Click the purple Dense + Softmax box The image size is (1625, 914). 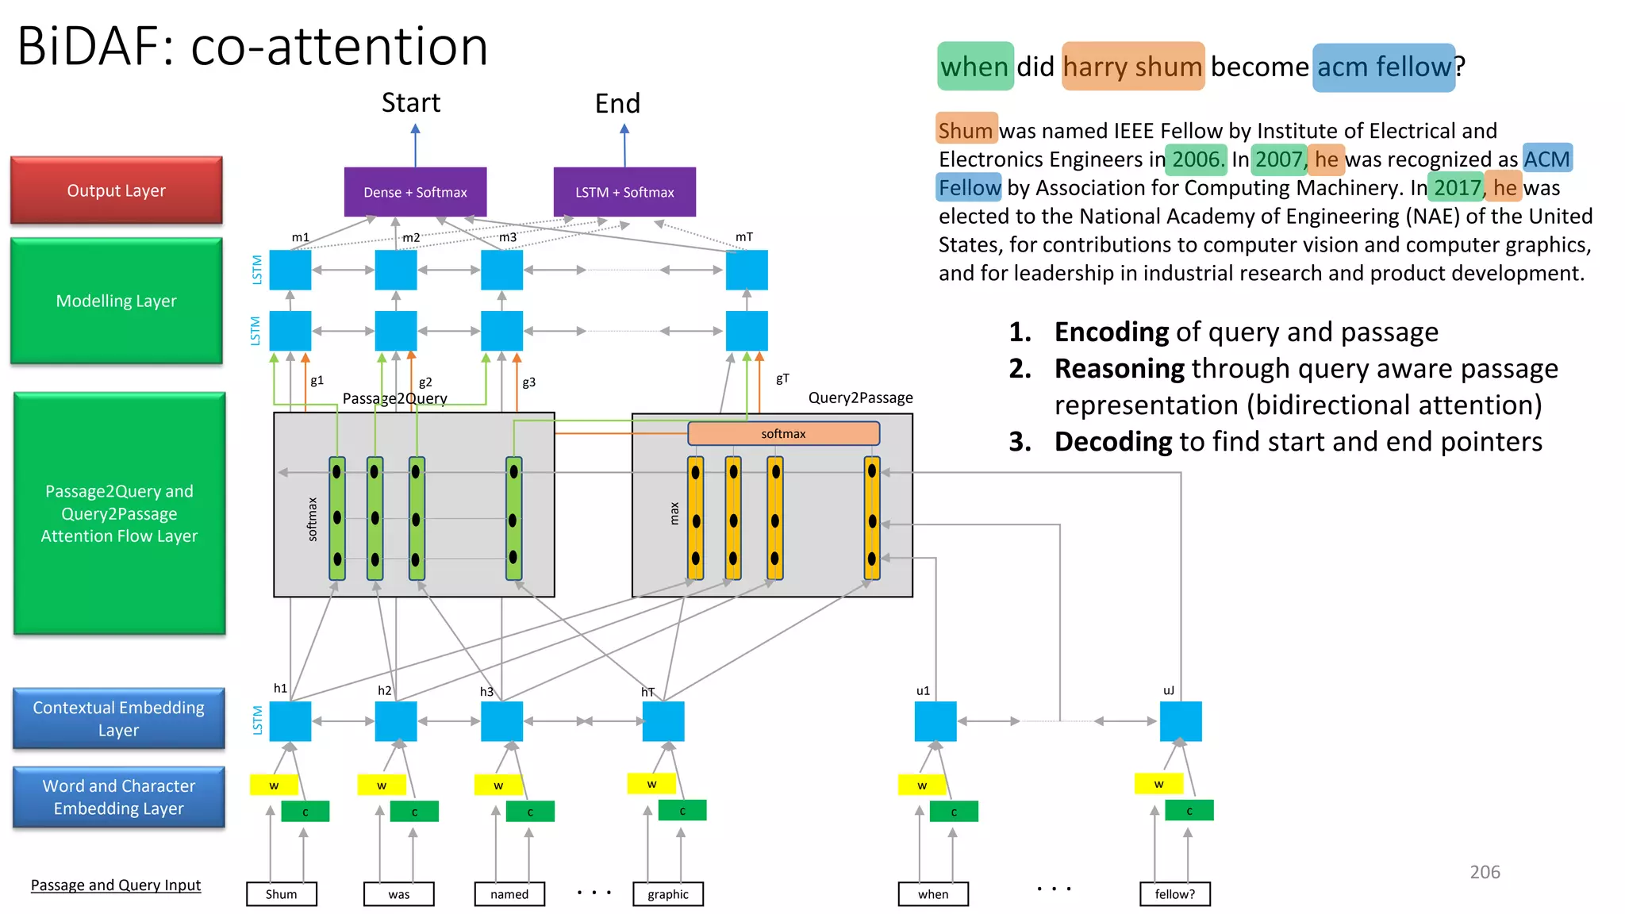point(415,192)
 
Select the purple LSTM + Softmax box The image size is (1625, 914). point(624,192)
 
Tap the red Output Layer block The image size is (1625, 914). point(117,190)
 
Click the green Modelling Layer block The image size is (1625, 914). point(117,301)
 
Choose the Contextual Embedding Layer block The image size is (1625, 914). point(119,718)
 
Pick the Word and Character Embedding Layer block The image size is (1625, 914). point(119,797)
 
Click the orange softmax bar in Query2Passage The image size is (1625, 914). point(783,433)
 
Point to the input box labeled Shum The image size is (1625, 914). point(281,894)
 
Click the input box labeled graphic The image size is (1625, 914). point(667,894)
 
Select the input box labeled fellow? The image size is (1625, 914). point(1174,894)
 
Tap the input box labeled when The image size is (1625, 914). point(933,894)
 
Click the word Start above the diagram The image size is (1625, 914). point(410,103)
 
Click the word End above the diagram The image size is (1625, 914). point(617,104)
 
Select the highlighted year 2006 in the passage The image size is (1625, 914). point(1196,159)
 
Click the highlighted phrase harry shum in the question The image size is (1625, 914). point(1132,67)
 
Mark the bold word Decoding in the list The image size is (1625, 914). point(1112,442)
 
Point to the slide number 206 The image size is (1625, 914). point(1485,872)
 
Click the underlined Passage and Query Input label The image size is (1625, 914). point(116,885)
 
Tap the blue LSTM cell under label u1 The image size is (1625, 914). point(935,721)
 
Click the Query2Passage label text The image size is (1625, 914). point(860,397)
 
